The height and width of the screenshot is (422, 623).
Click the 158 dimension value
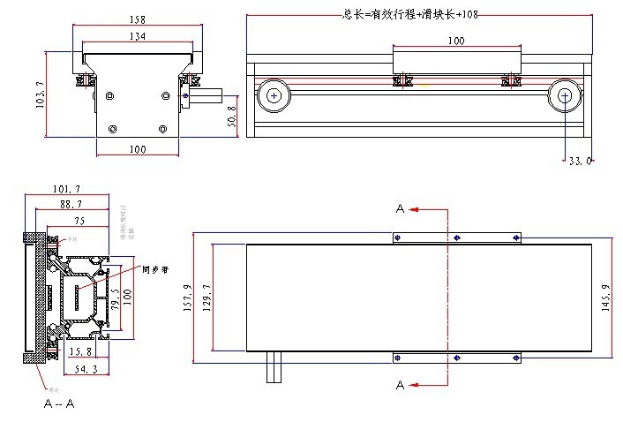tap(137, 19)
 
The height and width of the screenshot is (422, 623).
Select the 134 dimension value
tap(137, 36)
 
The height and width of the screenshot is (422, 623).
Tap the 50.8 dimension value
tap(232, 115)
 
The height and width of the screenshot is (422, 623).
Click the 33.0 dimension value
tap(579, 161)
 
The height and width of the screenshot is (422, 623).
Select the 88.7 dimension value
tap(71, 205)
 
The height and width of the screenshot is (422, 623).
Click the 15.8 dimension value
tap(80, 351)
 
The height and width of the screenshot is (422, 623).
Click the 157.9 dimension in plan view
tap(187, 298)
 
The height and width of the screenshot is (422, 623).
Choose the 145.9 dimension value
tap(605, 298)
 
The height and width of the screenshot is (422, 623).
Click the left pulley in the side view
tap(274, 94)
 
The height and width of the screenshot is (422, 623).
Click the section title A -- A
tap(59, 403)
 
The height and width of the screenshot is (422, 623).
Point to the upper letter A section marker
tap(400, 209)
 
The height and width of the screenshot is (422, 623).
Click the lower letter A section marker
tap(400, 386)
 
